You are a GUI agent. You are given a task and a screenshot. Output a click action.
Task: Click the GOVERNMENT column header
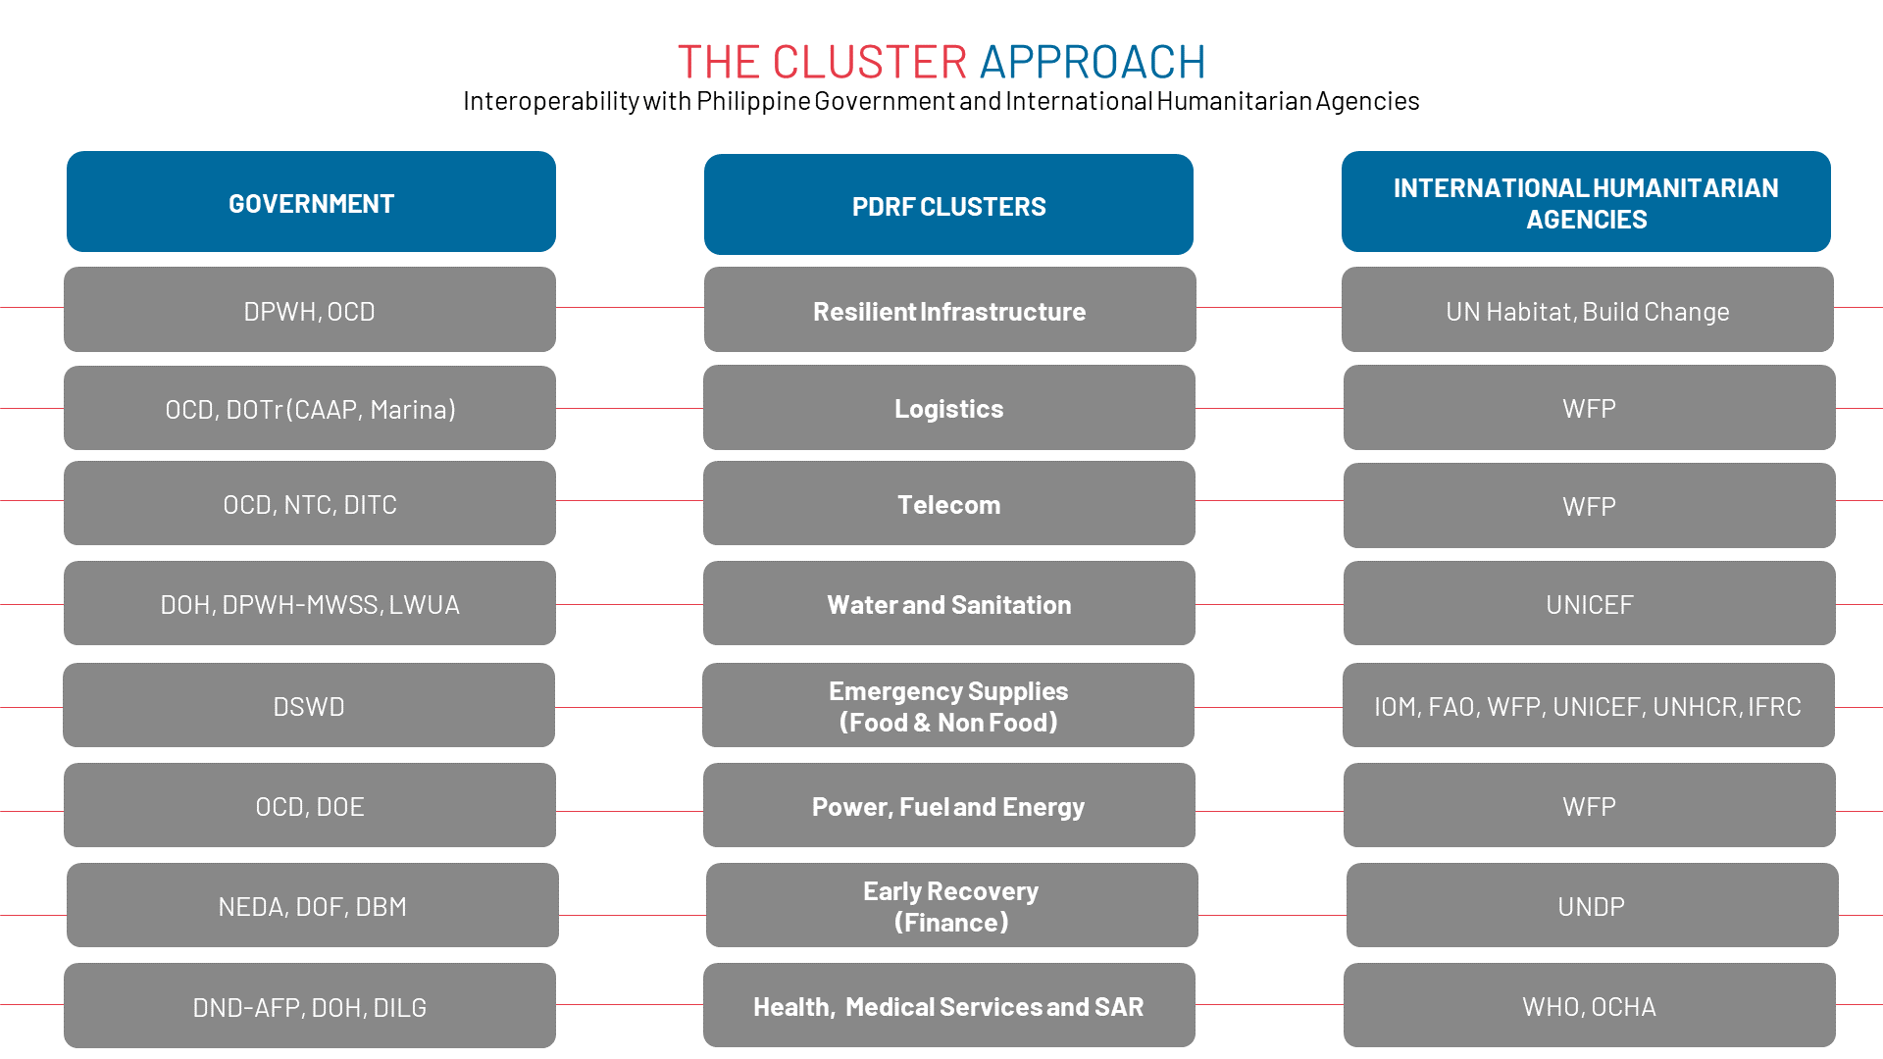click(311, 202)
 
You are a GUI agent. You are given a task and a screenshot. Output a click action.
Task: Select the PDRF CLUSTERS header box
click(948, 205)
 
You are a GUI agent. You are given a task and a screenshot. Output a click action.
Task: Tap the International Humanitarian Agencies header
click(1586, 202)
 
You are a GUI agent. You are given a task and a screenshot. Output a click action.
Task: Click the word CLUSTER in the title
click(869, 62)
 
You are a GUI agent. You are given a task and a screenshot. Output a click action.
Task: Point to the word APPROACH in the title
click(1092, 62)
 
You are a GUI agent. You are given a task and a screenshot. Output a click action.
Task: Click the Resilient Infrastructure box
click(949, 310)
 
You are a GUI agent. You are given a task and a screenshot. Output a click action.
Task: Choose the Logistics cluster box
click(948, 408)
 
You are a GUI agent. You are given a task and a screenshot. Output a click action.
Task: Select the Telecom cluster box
click(948, 504)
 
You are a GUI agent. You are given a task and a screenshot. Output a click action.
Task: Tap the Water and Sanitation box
click(948, 604)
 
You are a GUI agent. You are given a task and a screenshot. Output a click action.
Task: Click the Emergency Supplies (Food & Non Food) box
click(947, 706)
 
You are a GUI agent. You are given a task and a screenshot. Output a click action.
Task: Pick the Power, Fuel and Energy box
click(948, 806)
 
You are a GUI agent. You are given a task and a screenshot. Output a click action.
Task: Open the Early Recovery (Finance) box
click(951, 906)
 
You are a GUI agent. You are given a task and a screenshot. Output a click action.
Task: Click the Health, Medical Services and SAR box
click(948, 1006)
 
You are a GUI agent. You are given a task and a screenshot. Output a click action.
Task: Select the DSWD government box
click(309, 706)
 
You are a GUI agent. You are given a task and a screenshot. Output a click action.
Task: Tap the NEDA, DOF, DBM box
click(312, 906)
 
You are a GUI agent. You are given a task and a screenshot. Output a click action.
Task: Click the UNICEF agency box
click(1589, 604)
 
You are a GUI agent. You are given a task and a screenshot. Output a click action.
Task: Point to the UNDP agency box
click(1591, 906)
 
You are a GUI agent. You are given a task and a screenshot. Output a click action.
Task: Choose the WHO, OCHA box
click(1589, 1006)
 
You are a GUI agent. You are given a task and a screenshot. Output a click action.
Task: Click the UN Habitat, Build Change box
click(1587, 310)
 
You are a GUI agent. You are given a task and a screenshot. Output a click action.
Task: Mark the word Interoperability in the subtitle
click(551, 101)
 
